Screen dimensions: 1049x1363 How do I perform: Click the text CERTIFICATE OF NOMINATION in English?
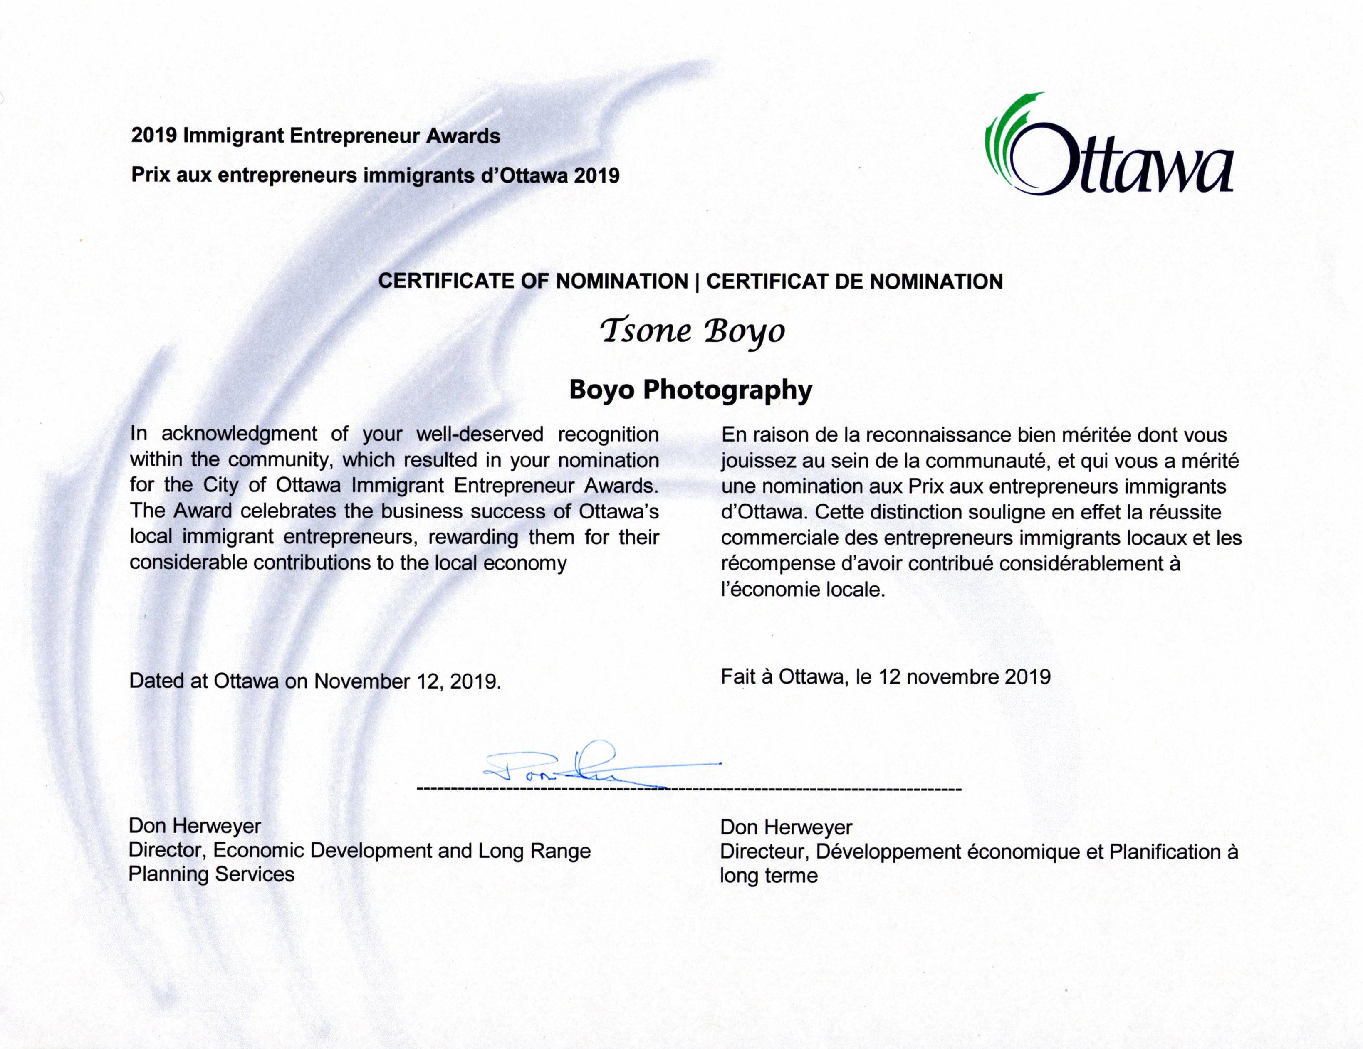(533, 281)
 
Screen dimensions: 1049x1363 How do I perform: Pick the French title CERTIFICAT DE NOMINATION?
(854, 281)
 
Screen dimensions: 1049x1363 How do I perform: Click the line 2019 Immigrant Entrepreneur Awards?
(315, 136)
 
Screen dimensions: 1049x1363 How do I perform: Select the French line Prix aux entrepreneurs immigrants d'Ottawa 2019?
(375, 175)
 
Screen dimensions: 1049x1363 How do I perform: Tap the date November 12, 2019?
(407, 681)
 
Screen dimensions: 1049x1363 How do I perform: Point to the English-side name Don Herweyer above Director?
(195, 826)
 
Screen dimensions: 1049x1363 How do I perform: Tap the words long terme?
(768, 876)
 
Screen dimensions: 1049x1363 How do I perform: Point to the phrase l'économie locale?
(803, 590)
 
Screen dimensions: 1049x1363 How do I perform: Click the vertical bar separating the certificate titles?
(697, 281)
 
